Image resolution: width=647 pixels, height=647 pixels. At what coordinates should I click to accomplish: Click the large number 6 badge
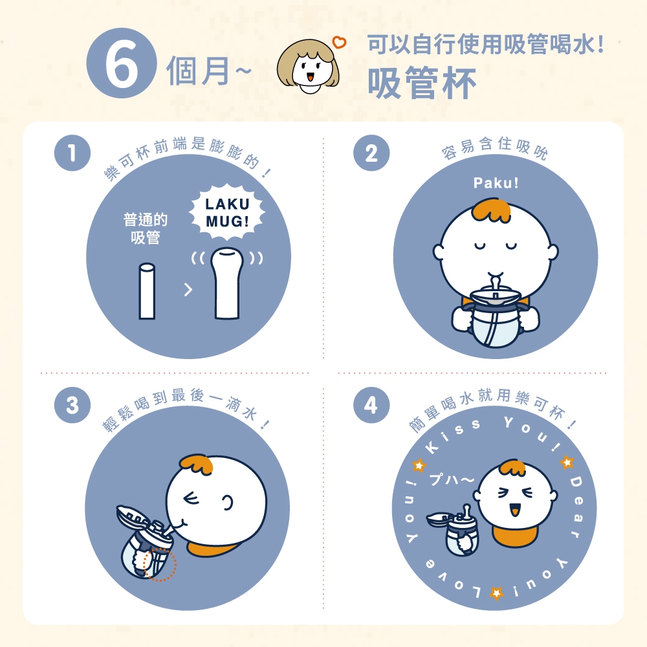(x=122, y=63)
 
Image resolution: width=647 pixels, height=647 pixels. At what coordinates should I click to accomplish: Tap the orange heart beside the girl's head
(x=339, y=42)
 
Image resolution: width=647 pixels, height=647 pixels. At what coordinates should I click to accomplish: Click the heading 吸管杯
(x=422, y=83)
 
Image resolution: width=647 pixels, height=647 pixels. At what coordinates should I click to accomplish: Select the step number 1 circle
(x=72, y=153)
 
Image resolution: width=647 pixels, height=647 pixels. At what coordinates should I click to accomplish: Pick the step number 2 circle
(x=371, y=153)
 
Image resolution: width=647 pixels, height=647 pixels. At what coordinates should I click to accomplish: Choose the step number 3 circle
(x=72, y=405)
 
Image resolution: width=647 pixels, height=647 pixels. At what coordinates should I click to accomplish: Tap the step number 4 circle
(x=371, y=405)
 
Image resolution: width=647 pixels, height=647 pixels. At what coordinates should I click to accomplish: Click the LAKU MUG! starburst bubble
(x=227, y=212)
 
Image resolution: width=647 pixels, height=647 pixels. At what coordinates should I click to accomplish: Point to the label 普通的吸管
(x=145, y=228)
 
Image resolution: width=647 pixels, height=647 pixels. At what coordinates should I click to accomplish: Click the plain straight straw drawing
(x=147, y=291)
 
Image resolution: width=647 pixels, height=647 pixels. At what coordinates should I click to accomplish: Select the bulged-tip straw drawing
(x=226, y=283)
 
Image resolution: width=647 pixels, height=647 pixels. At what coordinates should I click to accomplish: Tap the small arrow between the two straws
(x=188, y=290)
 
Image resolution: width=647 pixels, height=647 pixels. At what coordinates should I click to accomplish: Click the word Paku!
(x=496, y=182)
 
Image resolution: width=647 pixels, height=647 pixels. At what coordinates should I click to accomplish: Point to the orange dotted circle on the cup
(x=160, y=564)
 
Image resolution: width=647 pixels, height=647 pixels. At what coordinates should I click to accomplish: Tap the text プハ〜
(x=452, y=479)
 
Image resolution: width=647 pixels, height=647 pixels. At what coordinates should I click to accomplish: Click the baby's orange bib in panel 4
(x=516, y=536)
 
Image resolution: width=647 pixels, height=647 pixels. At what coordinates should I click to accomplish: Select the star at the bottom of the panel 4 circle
(x=496, y=593)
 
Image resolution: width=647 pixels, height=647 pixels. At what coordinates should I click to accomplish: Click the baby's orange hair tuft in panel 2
(x=492, y=210)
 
